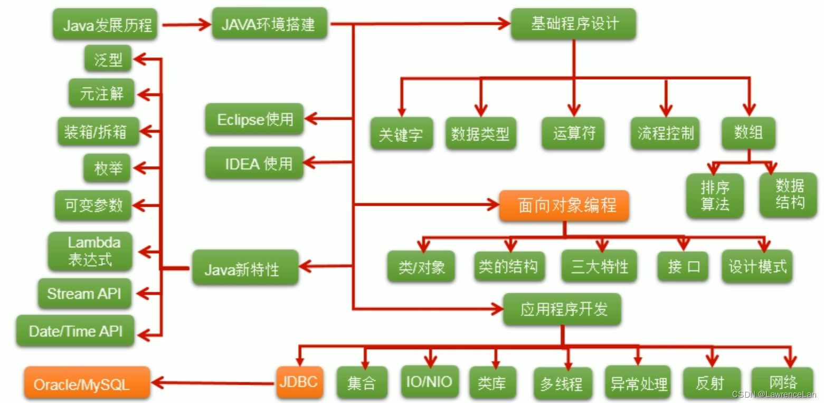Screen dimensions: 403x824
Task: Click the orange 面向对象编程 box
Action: click(x=564, y=205)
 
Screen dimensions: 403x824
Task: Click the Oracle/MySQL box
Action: click(x=87, y=384)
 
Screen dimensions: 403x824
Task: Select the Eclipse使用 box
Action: click(x=254, y=119)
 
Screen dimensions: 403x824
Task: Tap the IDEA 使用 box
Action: click(x=254, y=164)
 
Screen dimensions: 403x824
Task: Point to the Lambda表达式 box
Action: click(x=90, y=251)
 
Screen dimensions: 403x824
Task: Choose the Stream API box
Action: click(x=86, y=294)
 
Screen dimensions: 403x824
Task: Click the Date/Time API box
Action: click(x=75, y=331)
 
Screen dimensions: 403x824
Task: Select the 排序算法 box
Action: click(x=715, y=196)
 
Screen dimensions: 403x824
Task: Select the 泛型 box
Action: click(x=108, y=60)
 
